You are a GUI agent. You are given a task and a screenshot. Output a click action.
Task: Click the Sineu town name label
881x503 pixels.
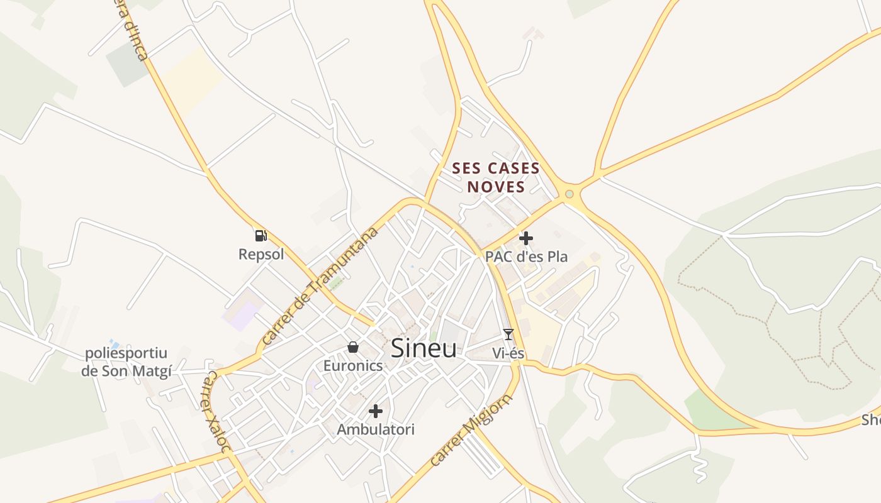point(424,348)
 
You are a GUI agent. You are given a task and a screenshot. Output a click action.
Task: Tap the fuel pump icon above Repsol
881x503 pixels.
point(261,236)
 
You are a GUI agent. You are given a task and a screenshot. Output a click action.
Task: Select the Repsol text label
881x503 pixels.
point(261,254)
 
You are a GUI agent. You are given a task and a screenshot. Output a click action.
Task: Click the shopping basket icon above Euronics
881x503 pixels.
point(353,347)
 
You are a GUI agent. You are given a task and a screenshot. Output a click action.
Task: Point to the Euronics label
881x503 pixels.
point(352,365)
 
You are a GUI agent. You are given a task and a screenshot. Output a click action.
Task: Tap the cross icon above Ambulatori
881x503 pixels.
point(376,411)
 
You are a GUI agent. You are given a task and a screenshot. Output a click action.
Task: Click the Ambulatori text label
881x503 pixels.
point(376,429)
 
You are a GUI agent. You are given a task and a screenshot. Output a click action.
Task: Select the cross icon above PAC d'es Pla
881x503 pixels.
point(526,238)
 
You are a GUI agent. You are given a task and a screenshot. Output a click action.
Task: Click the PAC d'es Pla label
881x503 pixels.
point(526,257)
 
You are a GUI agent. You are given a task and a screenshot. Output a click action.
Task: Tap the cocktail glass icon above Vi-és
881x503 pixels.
point(508,334)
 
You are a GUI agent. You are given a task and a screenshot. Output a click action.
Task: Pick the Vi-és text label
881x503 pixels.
point(508,353)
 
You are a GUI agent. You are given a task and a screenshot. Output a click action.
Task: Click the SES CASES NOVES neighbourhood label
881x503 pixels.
point(496,177)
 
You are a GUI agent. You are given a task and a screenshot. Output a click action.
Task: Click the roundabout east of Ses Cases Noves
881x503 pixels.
point(570,194)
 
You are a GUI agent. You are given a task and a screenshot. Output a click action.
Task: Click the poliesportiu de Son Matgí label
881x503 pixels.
point(126,362)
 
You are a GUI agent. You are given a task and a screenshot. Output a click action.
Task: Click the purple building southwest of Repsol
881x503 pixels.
point(243,314)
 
